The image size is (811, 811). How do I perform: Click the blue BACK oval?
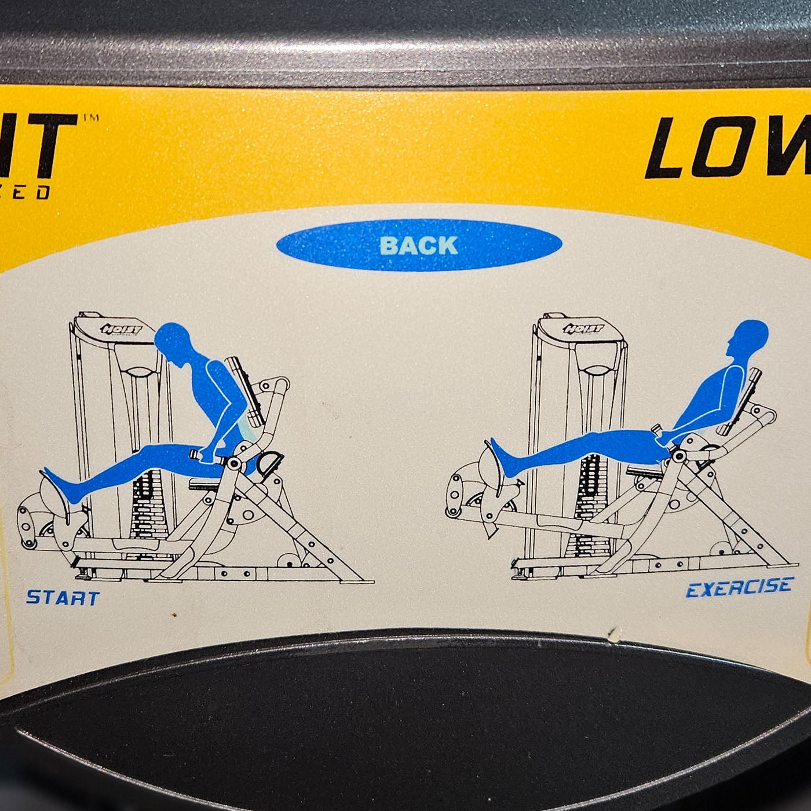tap(419, 245)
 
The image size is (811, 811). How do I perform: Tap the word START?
tap(63, 597)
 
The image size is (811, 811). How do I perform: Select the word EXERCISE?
tap(739, 587)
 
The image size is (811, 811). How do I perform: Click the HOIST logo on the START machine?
tap(121, 330)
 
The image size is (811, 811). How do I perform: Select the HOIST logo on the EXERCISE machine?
tap(584, 329)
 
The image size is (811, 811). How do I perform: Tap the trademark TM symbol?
tap(91, 118)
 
